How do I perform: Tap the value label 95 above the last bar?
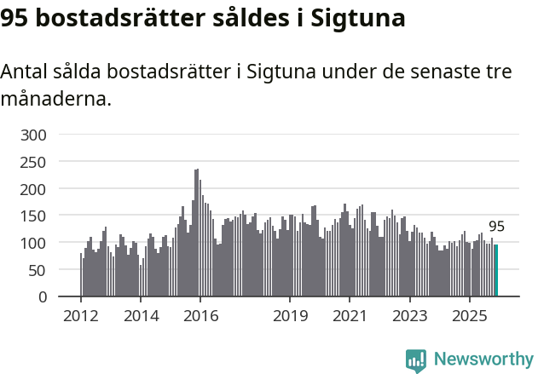point(496,227)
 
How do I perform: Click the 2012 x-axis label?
point(81,316)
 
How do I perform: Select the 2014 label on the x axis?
point(141,316)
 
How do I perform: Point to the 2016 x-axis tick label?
point(200,316)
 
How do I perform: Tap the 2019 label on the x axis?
point(290,316)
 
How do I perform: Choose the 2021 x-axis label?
point(350,316)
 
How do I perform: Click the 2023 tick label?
point(409,316)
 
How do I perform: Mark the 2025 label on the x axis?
point(469,316)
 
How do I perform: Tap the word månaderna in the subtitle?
point(55,99)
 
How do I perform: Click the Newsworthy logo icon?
point(416,360)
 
